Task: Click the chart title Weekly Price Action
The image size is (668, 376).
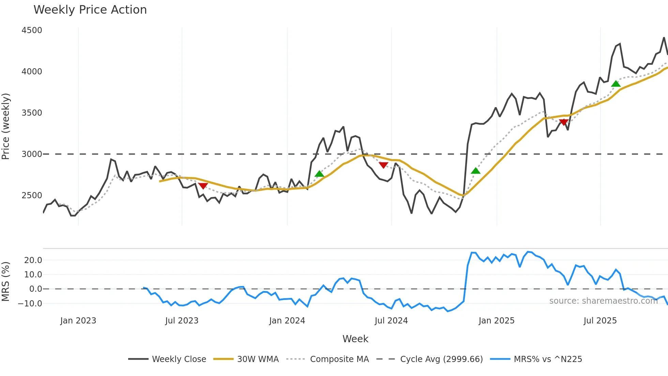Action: [x=90, y=10]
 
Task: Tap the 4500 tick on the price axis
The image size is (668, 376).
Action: [x=32, y=30]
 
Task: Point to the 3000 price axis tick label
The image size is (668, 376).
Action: [x=32, y=154]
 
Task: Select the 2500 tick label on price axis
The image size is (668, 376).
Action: [x=32, y=196]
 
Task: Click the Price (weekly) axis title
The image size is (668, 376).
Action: [x=6, y=126]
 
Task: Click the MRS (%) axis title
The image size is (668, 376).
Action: [x=6, y=281]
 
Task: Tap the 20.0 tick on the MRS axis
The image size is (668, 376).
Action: [x=33, y=260]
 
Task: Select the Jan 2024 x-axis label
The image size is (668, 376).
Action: [x=287, y=321]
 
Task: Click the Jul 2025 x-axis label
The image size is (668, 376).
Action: [x=600, y=321]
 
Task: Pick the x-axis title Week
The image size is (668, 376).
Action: [x=355, y=339]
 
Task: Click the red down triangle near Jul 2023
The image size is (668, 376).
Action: [x=203, y=186]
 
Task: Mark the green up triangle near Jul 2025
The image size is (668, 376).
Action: [x=616, y=84]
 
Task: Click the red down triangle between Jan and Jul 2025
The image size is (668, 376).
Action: [x=564, y=122]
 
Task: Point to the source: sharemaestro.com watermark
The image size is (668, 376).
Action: [x=603, y=301]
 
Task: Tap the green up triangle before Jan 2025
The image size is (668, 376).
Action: [x=475, y=171]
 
